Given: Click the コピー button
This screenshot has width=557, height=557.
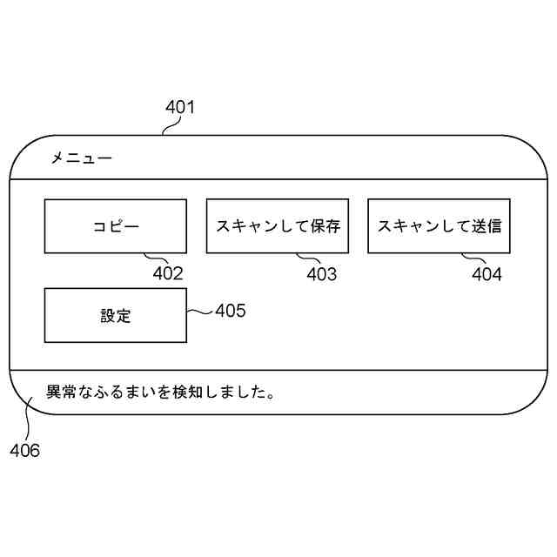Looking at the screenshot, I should tap(115, 226).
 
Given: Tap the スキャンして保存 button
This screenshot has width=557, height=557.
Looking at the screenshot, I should tap(277, 226).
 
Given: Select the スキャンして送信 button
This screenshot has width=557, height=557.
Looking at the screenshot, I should tap(439, 226).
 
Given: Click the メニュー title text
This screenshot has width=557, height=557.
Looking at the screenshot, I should tap(81, 158).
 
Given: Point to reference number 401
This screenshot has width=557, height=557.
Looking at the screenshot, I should tap(180, 109).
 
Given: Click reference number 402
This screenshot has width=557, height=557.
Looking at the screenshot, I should tap(168, 273).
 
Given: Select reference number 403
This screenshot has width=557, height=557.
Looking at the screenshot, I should tap(321, 275).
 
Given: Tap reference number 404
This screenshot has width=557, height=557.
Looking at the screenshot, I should tap(487, 275).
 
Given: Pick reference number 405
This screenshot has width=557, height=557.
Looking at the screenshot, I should tap(231, 311).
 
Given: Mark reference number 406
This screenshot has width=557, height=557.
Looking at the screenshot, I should tap(25, 451).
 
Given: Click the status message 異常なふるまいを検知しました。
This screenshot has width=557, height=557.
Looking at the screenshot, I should tap(161, 392).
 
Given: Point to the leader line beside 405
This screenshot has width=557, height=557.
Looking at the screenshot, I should tap(199, 312).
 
